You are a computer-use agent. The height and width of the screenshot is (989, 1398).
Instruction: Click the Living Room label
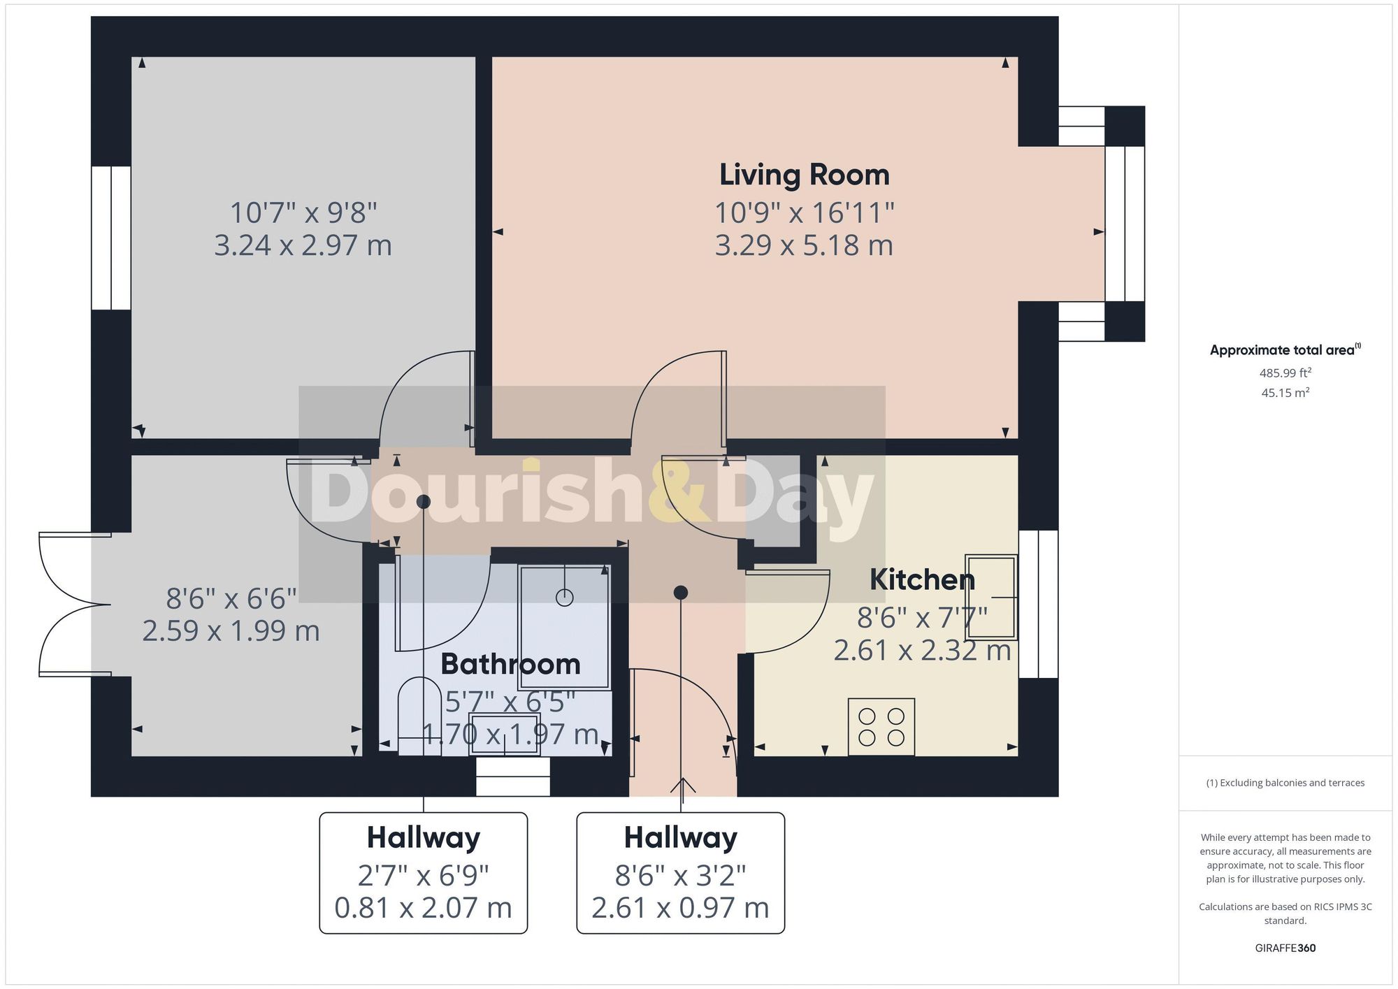coord(804,175)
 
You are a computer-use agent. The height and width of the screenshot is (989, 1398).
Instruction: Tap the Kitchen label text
coord(921,579)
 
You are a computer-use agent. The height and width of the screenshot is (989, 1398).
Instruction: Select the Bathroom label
coord(510,664)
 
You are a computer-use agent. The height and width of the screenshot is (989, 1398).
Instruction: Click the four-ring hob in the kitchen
coord(881,727)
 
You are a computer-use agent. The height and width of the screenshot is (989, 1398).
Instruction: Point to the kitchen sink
coord(990,597)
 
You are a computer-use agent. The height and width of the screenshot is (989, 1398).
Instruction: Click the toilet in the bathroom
coord(419,713)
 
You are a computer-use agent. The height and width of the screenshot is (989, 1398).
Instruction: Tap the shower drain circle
coord(564,597)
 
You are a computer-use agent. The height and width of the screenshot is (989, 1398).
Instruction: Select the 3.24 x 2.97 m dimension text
coord(303,245)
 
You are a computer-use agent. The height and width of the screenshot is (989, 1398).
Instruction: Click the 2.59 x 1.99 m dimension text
coord(231,631)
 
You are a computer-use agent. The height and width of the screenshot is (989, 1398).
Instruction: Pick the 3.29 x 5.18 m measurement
coord(804,245)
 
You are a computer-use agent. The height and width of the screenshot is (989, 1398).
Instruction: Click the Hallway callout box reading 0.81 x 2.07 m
coord(423,872)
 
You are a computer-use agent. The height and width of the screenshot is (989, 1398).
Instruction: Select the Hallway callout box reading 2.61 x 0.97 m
coord(680,872)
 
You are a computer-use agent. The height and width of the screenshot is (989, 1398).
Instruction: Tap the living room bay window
coord(1124,224)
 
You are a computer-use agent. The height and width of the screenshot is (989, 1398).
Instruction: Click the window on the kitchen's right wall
coord(1038,604)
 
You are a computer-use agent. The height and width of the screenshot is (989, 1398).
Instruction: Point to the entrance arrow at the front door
coord(682,787)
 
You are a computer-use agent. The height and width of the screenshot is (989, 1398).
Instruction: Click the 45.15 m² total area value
coord(1285,393)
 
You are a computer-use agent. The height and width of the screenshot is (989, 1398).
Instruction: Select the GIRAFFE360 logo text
coord(1285,948)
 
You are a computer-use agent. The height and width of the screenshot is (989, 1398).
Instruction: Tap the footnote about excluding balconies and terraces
coord(1285,783)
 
